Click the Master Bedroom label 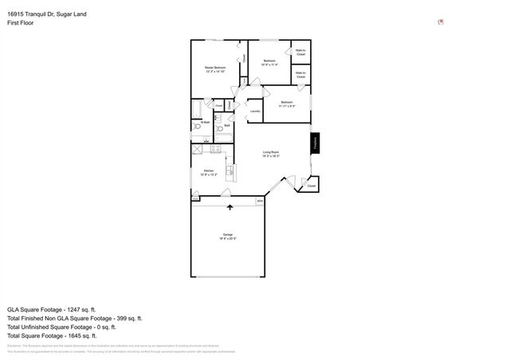click(214, 69)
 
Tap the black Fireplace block click(315, 143)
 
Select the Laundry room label click(255, 111)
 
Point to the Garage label click(228, 235)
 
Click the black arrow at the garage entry click(231, 207)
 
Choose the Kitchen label click(209, 172)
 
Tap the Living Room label click(271, 153)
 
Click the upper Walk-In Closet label click(301, 54)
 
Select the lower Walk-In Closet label click(301, 75)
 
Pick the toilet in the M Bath click(196, 125)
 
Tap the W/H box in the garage click(259, 202)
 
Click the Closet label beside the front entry click(312, 186)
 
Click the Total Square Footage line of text click(62, 336)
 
